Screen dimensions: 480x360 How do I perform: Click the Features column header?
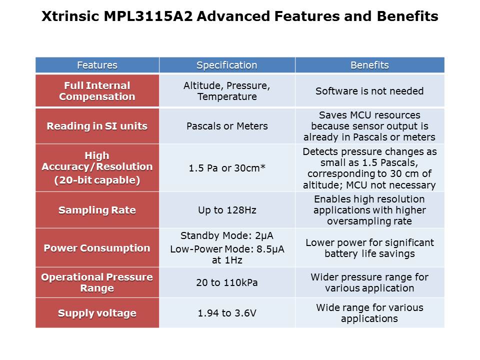[x=97, y=65]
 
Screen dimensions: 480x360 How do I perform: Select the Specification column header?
[x=227, y=65]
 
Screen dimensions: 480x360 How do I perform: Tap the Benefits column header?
[x=369, y=65]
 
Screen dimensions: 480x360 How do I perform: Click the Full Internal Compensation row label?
[x=97, y=91]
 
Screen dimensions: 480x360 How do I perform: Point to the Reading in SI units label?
[x=97, y=126]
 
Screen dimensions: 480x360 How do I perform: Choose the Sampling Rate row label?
[x=97, y=210]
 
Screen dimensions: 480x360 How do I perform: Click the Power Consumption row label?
[x=97, y=248]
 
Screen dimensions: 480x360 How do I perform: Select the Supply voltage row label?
[x=97, y=313]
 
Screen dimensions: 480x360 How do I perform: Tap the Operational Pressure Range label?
[x=97, y=282]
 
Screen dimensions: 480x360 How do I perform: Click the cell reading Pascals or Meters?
[x=227, y=126]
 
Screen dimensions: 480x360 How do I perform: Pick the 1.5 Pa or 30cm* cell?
[x=227, y=168]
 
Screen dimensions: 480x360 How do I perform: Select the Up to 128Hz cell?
[x=227, y=210]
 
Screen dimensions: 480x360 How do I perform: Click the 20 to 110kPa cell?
[x=227, y=282]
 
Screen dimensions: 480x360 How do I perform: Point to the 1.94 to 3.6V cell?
[x=227, y=313]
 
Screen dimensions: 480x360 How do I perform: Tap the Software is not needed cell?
[x=369, y=91]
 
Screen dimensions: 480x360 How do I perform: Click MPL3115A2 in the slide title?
[x=148, y=16]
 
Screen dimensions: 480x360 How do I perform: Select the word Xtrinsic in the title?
[x=70, y=16]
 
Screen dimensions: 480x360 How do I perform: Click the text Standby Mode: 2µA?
[x=227, y=235]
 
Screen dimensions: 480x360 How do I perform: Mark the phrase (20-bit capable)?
[x=97, y=180]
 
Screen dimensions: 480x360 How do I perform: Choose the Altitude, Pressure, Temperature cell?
[x=227, y=91]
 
